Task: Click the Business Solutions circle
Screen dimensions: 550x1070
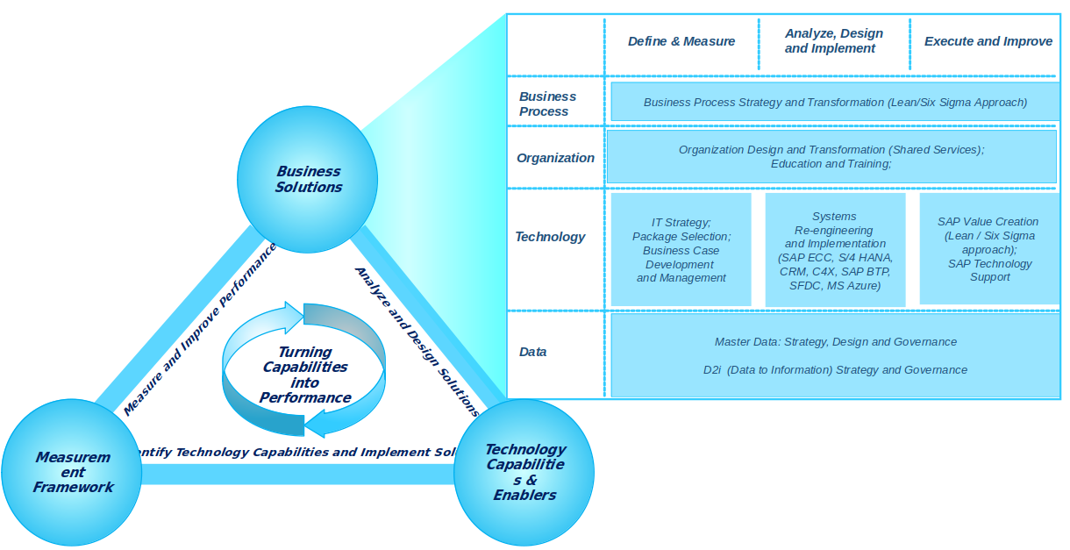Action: (x=308, y=179)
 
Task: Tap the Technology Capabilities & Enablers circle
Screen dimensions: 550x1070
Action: (x=524, y=473)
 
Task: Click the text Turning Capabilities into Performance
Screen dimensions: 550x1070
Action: (x=304, y=375)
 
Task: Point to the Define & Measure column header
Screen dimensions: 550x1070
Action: (x=681, y=41)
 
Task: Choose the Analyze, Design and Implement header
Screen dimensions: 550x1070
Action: (x=833, y=41)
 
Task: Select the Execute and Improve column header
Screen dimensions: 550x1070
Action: (x=988, y=41)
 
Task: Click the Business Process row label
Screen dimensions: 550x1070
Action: (x=547, y=104)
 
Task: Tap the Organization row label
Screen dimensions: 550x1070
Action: (x=555, y=158)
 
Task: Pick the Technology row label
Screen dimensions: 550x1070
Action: (x=550, y=237)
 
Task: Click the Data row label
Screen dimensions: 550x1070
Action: (x=532, y=352)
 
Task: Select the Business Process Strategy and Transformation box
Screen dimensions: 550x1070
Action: (x=834, y=102)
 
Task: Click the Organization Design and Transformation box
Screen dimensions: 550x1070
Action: (x=831, y=157)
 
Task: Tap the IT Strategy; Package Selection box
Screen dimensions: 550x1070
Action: (x=681, y=250)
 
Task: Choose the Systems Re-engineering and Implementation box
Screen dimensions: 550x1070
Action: (x=834, y=251)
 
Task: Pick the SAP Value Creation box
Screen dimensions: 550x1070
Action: (x=988, y=249)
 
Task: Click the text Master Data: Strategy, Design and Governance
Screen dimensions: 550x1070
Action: (x=835, y=341)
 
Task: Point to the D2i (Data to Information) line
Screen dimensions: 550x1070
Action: (x=835, y=369)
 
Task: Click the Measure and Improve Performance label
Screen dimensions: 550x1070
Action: (x=200, y=328)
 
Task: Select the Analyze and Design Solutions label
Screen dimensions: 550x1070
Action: (x=416, y=340)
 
